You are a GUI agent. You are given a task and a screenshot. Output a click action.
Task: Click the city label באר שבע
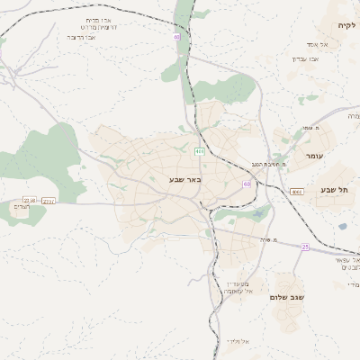click(x=186, y=179)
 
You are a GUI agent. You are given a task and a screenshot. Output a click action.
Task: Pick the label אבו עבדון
click(x=305, y=58)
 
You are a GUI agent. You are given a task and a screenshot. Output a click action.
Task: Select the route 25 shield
click(x=305, y=246)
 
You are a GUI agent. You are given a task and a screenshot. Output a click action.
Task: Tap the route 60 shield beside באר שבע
click(x=246, y=184)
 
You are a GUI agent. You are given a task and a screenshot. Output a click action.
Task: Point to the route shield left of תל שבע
click(x=297, y=191)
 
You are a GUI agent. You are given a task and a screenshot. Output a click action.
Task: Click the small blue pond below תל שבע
click(x=342, y=226)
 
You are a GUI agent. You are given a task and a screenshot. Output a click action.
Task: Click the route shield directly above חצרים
click(x=30, y=200)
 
